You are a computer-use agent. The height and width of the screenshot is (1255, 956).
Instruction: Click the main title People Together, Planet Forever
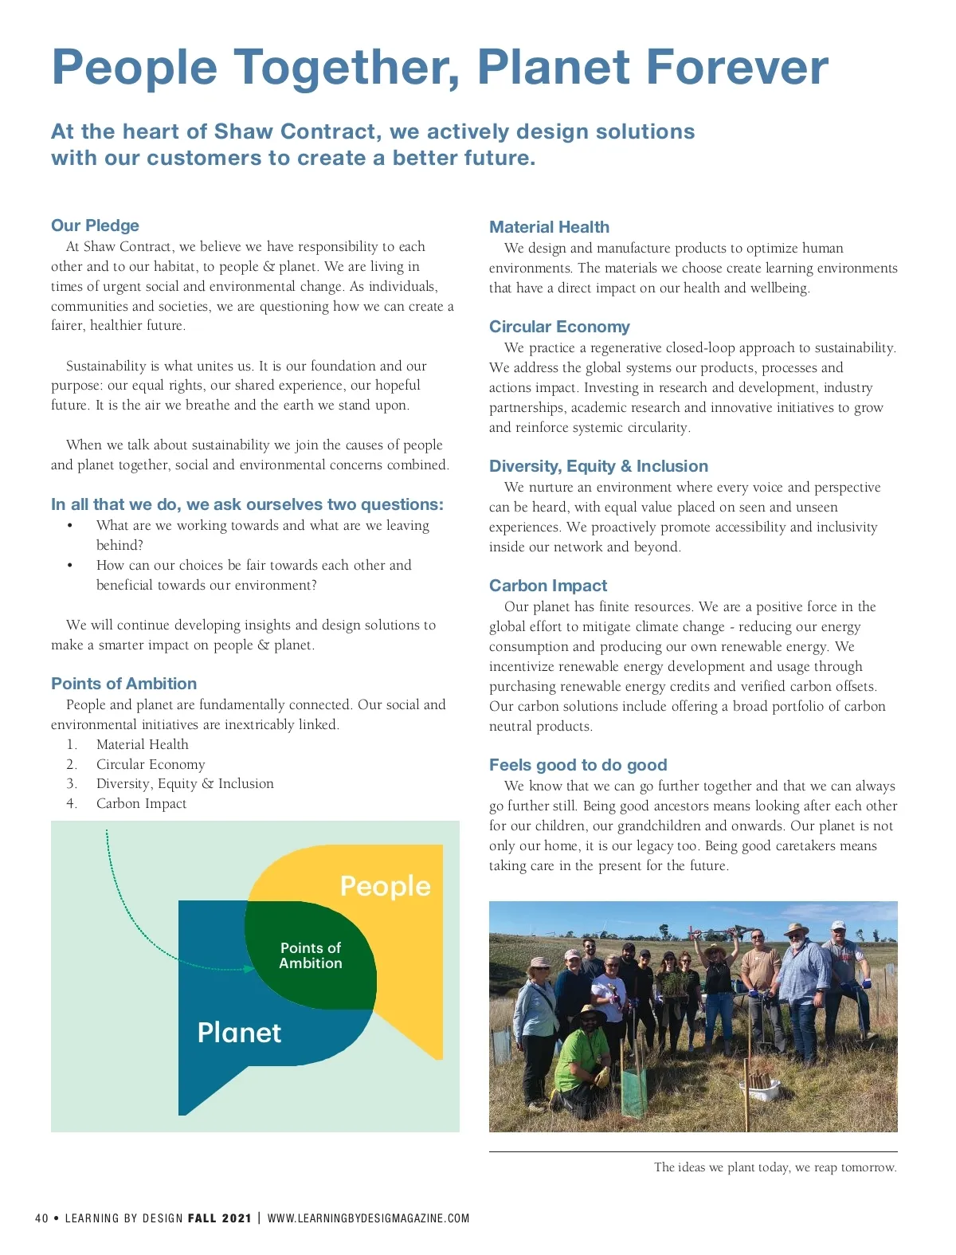click(440, 67)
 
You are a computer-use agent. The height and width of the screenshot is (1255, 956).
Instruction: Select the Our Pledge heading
click(95, 226)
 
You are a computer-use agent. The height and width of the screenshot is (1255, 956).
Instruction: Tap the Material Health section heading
click(549, 227)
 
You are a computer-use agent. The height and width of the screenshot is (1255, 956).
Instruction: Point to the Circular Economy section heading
click(559, 327)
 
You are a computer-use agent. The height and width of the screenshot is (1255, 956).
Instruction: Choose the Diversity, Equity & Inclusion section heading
click(598, 466)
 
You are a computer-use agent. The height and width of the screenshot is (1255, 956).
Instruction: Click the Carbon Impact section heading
click(548, 586)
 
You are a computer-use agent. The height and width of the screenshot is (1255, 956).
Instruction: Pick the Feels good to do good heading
click(578, 765)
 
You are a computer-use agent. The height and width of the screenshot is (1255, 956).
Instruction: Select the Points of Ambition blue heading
click(123, 684)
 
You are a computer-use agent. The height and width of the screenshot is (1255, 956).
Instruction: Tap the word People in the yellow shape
click(385, 886)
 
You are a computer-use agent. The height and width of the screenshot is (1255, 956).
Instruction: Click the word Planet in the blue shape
click(239, 1033)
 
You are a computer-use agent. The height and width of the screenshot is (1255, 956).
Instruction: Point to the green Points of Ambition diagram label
click(311, 955)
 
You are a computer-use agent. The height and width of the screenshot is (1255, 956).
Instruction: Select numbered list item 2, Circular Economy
click(151, 764)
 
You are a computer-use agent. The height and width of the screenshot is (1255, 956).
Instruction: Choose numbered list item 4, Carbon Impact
click(141, 803)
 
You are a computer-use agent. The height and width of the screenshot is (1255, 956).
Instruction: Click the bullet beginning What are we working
click(262, 526)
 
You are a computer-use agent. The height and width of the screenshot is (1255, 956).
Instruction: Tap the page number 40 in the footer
click(42, 1218)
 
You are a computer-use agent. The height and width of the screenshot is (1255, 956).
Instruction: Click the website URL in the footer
click(368, 1218)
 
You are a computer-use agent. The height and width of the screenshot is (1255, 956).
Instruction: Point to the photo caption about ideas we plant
click(775, 1167)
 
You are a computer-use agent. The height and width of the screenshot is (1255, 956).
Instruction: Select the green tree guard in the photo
click(634, 1093)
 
